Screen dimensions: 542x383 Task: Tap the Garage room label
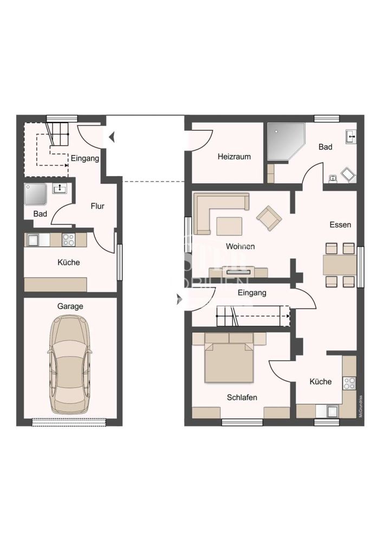(x=70, y=306)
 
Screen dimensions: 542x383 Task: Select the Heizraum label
(x=234, y=157)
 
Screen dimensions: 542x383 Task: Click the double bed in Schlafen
(x=229, y=362)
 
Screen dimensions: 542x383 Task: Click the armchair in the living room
(x=269, y=218)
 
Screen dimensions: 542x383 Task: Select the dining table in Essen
(x=340, y=265)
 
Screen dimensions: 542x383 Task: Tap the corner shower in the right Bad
(x=284, y=142)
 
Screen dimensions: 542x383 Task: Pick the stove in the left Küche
(x=69, y=240)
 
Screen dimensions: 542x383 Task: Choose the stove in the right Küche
(x=349, y=383)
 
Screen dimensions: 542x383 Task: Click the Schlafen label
(x=242, y=397)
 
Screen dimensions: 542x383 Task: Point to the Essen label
(x=340, y=224)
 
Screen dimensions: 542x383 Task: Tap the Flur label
(x=98, y=206)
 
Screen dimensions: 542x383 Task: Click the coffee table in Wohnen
(x=230, y=225)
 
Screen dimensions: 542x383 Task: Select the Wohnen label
(x=241, y=247)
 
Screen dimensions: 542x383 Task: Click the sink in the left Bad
(x=60, y=189)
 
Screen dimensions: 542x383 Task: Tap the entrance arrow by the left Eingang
(x=112, y=137)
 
